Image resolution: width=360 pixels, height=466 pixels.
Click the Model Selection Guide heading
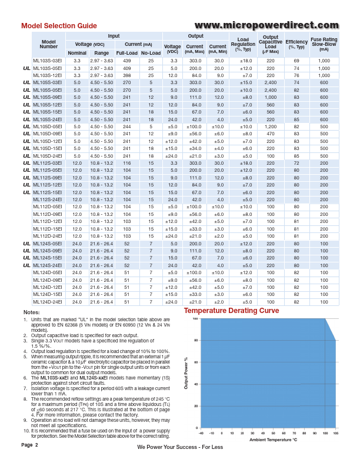point(59,26)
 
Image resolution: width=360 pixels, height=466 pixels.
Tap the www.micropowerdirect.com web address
point(265,25)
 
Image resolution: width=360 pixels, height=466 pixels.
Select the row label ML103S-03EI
point(47,61)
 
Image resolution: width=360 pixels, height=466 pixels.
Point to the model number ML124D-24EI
point(47,302)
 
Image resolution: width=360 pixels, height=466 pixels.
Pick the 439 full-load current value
point(126,61)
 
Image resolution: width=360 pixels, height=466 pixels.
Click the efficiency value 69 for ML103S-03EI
point(296,61)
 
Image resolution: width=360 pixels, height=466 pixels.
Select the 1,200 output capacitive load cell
point(271,127)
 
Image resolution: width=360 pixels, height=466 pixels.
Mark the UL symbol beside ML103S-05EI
point(26,68)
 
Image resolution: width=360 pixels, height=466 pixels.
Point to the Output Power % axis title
point(186,373)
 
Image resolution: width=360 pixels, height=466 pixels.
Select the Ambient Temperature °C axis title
point(274,439)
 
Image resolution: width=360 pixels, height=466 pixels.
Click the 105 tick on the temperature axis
point(335,432)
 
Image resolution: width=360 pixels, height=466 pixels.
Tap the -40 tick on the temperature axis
point(201,432)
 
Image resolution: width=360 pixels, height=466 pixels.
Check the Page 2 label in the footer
point(29,445)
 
